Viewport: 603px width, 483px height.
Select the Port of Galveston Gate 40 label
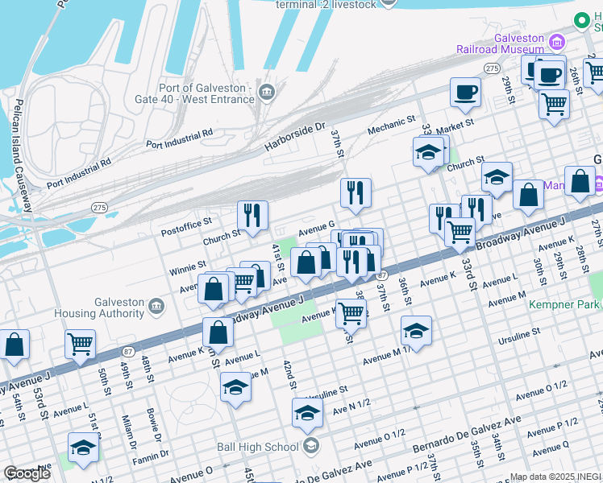click(210, 93)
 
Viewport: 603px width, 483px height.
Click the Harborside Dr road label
click(294, 138)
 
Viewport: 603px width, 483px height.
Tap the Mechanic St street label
click(390, 125)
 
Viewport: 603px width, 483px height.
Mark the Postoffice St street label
click(186, 221)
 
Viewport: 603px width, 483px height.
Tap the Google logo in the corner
click(26, 473)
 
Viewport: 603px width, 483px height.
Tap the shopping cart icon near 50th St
click(80, 344)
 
